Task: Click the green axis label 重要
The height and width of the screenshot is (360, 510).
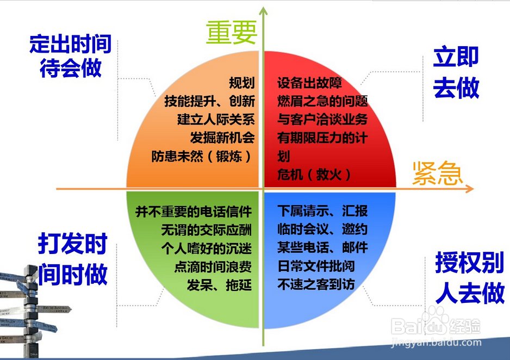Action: tap(232, 33)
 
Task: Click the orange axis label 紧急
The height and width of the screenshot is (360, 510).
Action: tap(438, 173)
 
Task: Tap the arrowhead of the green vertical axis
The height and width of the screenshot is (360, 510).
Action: tap(263, 11)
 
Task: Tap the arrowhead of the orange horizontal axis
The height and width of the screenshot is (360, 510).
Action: tap(469, 189)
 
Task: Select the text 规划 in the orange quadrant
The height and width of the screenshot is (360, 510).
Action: tap(241, 83)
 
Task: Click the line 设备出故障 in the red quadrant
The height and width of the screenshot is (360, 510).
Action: tap(310, 83)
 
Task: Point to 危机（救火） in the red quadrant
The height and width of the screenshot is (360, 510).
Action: tap(314, 175)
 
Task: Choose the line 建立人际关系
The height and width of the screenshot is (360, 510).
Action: tap(216, 119)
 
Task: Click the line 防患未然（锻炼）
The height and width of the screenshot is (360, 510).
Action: tap(202, 157)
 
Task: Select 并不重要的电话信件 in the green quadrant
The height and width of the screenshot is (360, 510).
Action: tap(194, 212)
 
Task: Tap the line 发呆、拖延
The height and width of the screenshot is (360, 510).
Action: tap(219, 285)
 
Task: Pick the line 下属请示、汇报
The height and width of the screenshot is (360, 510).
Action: tap(322, 211)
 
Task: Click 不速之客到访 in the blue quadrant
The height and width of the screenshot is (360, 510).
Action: tap(316, 284)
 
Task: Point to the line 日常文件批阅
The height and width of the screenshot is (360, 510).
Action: tap(316, 266)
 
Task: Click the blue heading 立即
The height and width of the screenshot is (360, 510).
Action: tap(456, 57)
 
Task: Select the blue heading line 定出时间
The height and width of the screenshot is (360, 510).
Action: tap(70, 44)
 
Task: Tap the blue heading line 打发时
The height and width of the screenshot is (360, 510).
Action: tap(72, 243)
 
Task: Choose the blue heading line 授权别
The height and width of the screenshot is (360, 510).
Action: tap(470, 263)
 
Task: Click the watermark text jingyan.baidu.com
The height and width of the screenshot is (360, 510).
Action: tap(436, 343)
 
